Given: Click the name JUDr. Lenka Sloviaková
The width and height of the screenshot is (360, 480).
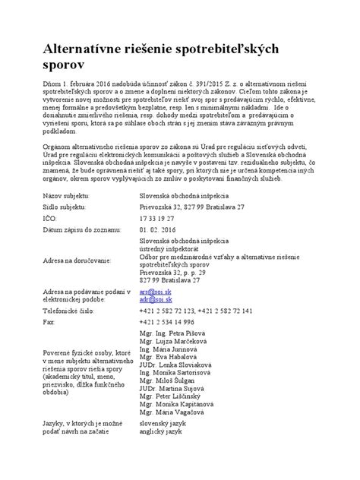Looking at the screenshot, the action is tap(175, 366).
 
